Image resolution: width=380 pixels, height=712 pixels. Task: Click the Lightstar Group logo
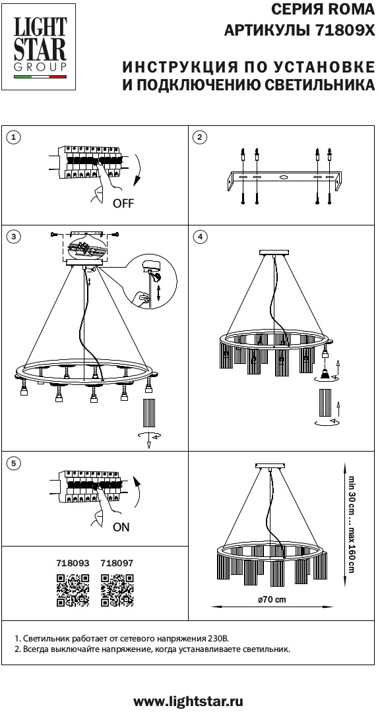click(40, 47)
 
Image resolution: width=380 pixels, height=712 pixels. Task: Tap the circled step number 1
click(15, 137)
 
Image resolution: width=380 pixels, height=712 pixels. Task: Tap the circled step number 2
click(200, 137)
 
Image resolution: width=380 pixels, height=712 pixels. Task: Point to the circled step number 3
click(15, 236)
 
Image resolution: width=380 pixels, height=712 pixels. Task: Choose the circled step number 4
click(200, 236)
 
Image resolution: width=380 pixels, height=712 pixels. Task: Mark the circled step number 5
click(15, 463)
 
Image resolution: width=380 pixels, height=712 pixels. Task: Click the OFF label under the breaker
click(123, 204)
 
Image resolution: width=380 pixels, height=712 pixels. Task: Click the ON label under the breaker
click(121, 527)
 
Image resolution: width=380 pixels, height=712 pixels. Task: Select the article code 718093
click(73, 563)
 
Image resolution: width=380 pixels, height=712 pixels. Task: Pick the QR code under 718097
click(117, 590)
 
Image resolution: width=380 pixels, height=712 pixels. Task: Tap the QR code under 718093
click(73, 590)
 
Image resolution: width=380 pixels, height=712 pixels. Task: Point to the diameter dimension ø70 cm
click(272, 599)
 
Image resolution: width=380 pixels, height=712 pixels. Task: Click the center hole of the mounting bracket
click(284, 177)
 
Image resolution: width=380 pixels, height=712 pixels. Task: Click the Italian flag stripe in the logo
click(40, 77)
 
